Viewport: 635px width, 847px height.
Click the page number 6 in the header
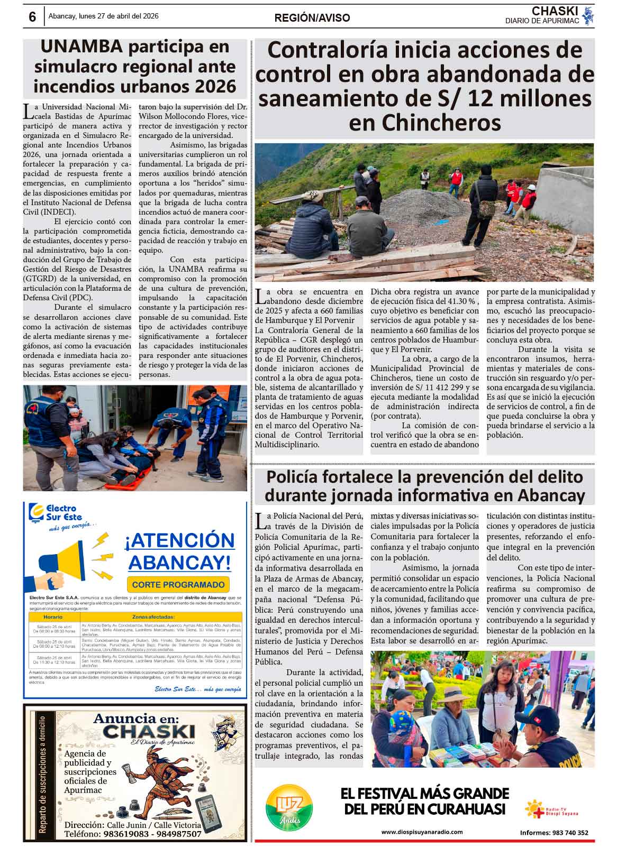tap(32, 17)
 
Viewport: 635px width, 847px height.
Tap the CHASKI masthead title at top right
tap(555, 11)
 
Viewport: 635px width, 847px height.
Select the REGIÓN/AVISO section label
tap(312, 18)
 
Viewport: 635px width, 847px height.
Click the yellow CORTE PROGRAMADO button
tap(178, 584)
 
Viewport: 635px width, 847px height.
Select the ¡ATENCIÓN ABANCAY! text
tap(179, 551)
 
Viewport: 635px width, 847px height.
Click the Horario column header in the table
tap(53, 617)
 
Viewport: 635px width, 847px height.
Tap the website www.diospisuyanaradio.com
tap(422, 832)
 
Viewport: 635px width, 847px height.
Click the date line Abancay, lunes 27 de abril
tap(103, 16)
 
